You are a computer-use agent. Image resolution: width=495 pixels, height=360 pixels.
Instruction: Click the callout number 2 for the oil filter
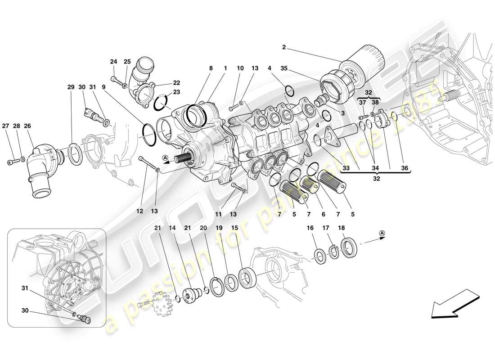coord(284,47)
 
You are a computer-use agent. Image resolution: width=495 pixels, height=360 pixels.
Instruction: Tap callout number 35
coord(284,69)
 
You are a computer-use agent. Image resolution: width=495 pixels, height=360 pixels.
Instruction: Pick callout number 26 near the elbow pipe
coord(27,126)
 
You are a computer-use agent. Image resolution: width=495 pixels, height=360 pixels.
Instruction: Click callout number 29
coord(71,87)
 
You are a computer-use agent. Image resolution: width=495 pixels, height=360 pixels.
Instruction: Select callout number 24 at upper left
coord(113,62)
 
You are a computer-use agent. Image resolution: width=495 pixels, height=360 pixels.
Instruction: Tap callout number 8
coord(210,68)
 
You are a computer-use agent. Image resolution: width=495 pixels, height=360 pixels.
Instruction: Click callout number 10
coord(240,68)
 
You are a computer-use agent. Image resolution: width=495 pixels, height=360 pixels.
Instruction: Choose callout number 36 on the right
coord(405,169)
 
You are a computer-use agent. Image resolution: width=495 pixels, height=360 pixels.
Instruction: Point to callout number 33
coord(346,169)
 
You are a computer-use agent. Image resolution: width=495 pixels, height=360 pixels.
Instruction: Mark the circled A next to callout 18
coord(382,233)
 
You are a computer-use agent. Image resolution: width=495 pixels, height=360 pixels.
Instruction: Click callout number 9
coord(103,87)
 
